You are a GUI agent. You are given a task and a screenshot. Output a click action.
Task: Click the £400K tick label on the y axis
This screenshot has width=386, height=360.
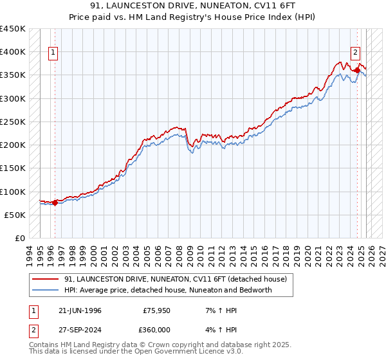13,52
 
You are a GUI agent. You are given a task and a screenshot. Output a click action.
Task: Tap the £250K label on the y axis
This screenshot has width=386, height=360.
13,122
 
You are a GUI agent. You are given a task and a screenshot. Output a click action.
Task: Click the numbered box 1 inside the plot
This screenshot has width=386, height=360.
53,53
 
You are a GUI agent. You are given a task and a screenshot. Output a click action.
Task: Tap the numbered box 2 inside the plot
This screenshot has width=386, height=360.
355,53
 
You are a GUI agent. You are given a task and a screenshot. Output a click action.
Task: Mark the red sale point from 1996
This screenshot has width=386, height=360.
55,203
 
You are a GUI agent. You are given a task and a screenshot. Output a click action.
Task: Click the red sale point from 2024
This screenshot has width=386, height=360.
358,70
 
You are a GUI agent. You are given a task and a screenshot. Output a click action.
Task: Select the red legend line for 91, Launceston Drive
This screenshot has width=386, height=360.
46,279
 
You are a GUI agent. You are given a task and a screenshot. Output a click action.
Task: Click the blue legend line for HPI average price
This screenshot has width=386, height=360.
46,290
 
